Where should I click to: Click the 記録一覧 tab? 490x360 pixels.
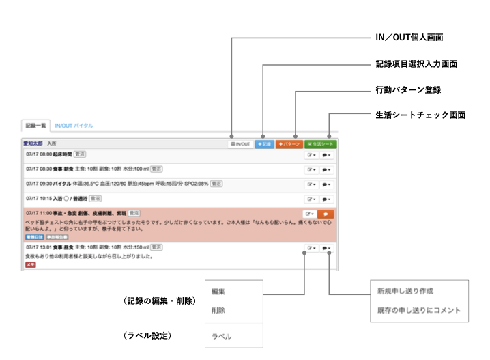(x=35, y=126)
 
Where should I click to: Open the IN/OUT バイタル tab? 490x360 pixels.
(x=74, y=126)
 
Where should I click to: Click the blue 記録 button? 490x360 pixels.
(x=264, y=144)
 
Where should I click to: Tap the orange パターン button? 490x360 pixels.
(x=289, y=144)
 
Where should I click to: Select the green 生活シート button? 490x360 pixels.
(x=320, y=144)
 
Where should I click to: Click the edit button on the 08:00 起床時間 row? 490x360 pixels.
(x=311, y=156)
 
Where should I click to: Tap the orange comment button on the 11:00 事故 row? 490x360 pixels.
(x=326, y=214)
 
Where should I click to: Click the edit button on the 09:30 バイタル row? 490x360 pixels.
(x=311, y=184)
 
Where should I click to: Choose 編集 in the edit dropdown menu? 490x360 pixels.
(x=218, y=292)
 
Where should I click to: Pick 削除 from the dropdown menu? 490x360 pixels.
(x=218, y=310)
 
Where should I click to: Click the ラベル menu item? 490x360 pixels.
(x=221, y=336)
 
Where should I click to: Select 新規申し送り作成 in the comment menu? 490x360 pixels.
(x=405, y=292)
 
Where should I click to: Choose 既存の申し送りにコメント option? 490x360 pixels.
(x=418, y=311)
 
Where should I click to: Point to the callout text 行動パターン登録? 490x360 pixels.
(x=408, y=89)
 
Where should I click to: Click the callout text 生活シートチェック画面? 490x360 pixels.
(x=420, y=115)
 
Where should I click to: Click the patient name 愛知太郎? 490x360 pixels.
(x=33, y=144)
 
